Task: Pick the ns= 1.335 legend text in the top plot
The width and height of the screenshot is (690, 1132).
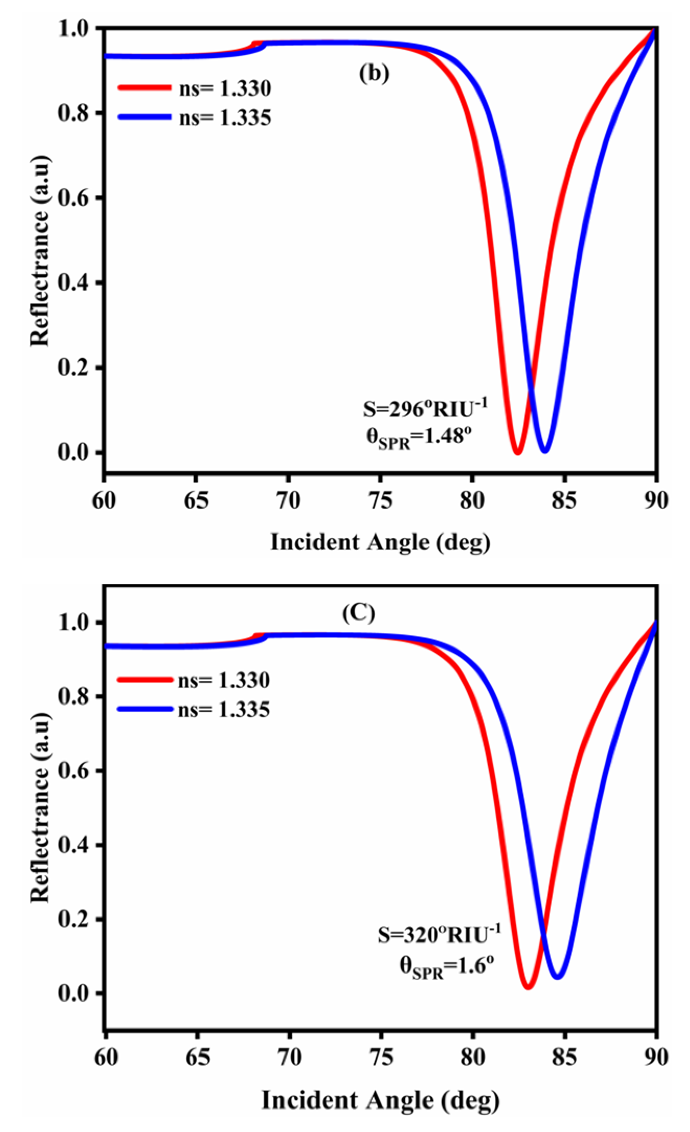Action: point(225,118)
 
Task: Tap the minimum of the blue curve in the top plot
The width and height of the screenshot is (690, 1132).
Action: point(545,450)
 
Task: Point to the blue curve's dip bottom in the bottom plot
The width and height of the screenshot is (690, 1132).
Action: point(558,976)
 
